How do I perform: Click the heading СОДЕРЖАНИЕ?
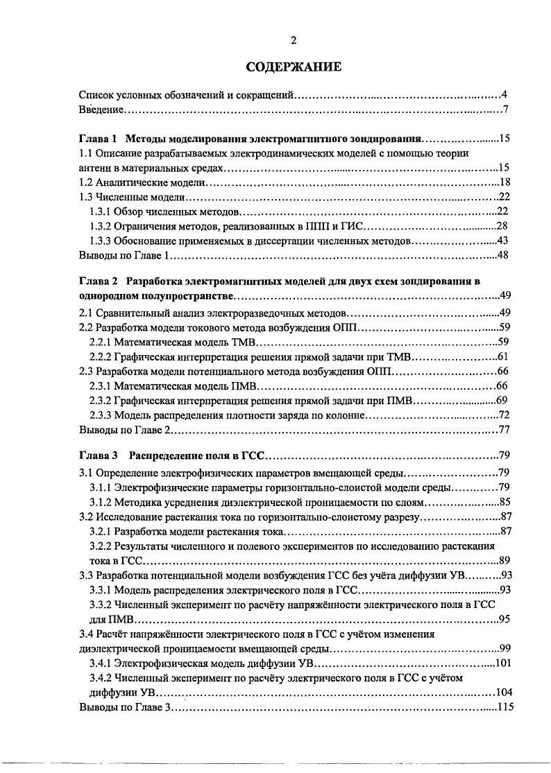point(294,67)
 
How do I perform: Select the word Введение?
point(101,110)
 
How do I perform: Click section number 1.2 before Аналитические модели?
point(86,183)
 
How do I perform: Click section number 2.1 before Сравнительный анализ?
point(86,313)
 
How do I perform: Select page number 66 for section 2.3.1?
point(505,385)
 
